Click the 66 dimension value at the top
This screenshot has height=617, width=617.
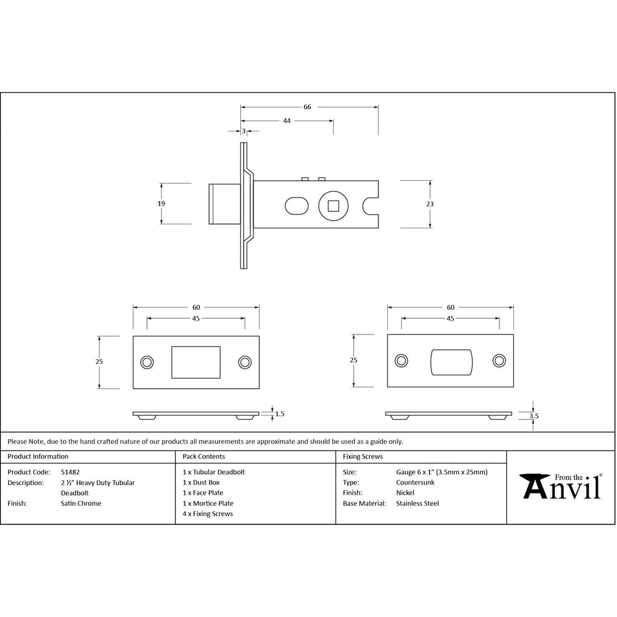[x=307, y=107]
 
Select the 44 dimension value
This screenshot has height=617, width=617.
[x=286, y=121]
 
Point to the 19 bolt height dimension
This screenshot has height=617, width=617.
[x=161, y=204]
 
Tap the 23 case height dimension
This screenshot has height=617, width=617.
[x=430, y=204]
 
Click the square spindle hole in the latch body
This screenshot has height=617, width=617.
[x=333, y=205]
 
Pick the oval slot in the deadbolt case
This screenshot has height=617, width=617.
[x=296, y=206]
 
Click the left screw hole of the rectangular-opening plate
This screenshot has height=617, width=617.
[x=147, y=362]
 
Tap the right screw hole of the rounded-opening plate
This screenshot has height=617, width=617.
[x=500, y=360]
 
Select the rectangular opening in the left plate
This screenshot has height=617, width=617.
[x=196, y=362]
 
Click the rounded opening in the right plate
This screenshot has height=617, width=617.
[x=451, y=362]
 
